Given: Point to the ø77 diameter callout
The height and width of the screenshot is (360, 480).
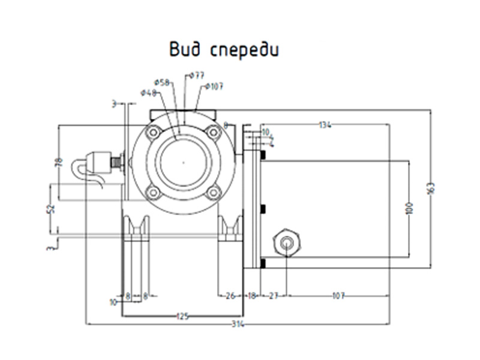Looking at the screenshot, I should click(x=197, y=76).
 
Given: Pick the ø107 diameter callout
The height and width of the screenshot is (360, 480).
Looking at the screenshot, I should click(x=214, y=86).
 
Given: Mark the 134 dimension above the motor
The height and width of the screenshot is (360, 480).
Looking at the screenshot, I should click(x=325, y=125).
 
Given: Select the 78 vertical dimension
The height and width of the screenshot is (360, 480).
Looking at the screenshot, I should click(x=59, y=162).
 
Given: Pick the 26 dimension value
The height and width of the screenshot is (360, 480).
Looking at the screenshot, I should click(x=230, y=295).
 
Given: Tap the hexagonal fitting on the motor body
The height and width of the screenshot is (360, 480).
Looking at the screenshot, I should click(x=287, y=242).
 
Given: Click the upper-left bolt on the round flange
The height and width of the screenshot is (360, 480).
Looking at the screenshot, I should click(x=154, y=132).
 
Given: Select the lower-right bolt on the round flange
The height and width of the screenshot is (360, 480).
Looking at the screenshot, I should click(x=212, y=192).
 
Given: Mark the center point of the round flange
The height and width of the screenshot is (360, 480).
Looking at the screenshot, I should click(x=183, y=162).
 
